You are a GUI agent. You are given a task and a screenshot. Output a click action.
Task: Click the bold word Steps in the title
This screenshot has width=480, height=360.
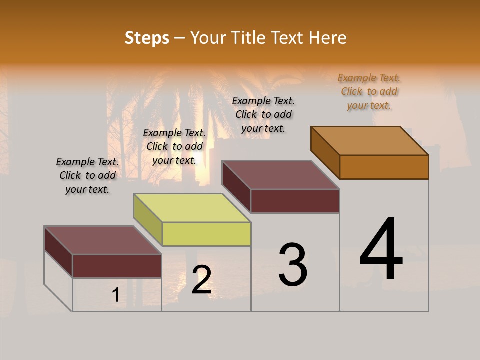(147, 38)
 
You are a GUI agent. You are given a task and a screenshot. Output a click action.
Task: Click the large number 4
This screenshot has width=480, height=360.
(381, 250)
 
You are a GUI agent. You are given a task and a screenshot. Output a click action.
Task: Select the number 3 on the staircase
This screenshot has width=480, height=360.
(293, 265)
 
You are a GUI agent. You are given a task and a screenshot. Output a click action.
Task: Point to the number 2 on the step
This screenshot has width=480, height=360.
(201, 280)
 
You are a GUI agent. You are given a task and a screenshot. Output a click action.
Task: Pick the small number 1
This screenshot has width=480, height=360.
(116, 295)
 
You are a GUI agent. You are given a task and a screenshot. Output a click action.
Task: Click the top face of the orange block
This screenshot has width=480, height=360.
(370, 140)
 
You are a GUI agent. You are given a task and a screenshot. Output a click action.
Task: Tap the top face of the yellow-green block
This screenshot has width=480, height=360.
(192, 207)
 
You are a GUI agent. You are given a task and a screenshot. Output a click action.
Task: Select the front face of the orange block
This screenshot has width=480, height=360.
(384, 167)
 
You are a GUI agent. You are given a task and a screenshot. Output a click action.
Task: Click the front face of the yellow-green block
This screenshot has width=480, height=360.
(206, 234)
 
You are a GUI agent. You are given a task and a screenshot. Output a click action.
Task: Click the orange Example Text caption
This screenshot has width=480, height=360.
(369, 91)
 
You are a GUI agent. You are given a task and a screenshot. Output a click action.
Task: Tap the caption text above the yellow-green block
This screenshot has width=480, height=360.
(174, 146)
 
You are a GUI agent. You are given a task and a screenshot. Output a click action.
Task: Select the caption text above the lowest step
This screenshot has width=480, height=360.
(87, 175)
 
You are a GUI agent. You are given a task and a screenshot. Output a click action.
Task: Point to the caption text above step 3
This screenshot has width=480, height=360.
(263, 114)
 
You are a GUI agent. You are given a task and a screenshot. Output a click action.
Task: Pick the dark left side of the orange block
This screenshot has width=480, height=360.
(325, 152)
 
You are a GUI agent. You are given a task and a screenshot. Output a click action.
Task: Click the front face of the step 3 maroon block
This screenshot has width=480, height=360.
(295, 201)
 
